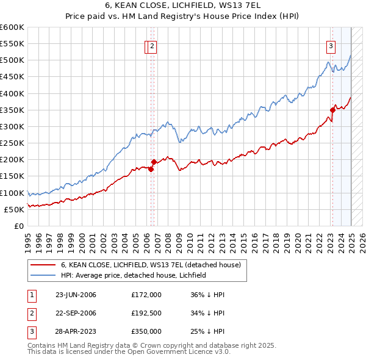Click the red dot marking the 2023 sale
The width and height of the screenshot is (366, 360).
tap(333, 110)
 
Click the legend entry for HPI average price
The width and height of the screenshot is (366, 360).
tap(134, 275)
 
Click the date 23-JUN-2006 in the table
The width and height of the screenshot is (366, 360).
tap(76, 295)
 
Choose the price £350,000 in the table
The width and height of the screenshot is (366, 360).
tap(146, 331)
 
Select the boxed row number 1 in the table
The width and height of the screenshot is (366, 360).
tap(30, 295)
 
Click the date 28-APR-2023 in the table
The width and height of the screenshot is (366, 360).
tap(76, 331)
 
